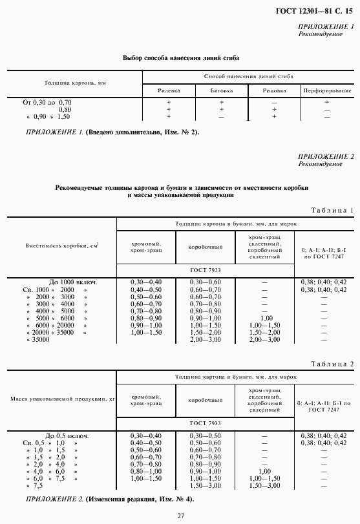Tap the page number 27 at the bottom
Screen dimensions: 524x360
coord(181,514)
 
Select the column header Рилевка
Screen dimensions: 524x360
coord(169,90)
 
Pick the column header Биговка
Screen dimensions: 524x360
coord(221,90)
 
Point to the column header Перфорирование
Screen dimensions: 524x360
coord(327,90)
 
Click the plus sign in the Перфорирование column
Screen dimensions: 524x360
coord(327,102)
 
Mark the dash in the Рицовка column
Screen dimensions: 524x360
coord(274,102)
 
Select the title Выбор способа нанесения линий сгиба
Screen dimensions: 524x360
coord(176,58)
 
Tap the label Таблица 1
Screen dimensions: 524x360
coord(332,210)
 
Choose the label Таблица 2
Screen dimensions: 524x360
coord(332,364)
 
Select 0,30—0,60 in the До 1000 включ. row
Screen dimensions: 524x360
coord(206,282)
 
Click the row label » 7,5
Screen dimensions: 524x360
coord(39,485)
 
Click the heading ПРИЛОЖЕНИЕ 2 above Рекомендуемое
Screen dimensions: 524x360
coord(326,156)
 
